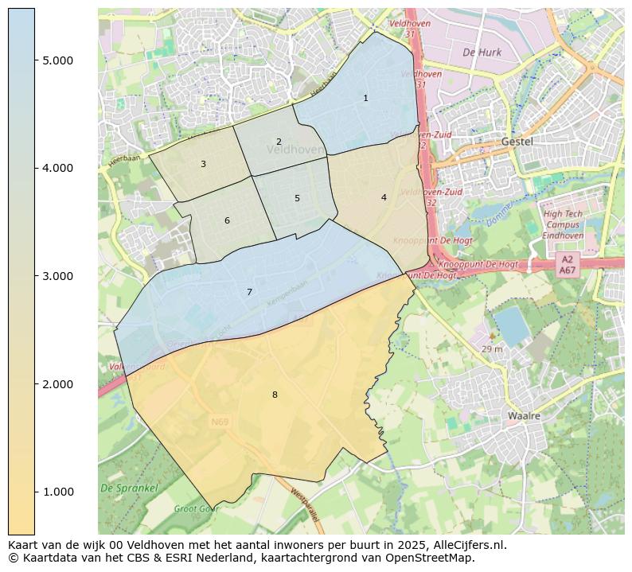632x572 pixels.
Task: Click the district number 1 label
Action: [365, 99]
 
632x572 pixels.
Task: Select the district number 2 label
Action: [279, 142]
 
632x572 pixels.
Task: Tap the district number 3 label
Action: [203, 165]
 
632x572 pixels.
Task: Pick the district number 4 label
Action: [384, 198]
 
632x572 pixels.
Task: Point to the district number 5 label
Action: [297, 199]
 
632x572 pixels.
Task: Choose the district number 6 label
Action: [227, 221]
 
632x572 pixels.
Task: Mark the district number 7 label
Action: [249, 293]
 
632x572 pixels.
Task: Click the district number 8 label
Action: [275, 395]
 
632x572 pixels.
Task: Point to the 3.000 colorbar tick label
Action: [57, 276]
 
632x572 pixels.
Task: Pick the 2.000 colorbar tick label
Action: [57, 384]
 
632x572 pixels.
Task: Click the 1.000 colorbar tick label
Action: [57, 492]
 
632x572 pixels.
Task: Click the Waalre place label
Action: [524, 416]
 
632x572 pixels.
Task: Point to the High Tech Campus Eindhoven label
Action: [563, 224]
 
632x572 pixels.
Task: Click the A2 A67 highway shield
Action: [568, 265]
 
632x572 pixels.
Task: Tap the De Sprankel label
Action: [129, 488]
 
